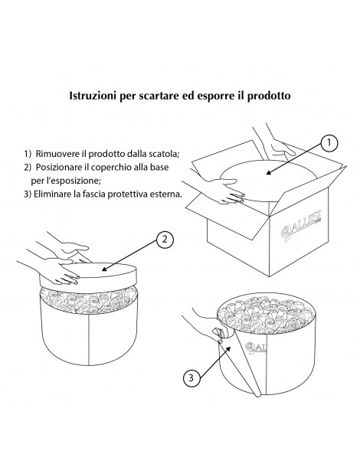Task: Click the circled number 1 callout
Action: (329, 143)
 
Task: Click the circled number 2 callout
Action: (165, 239)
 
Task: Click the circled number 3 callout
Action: (191, 378)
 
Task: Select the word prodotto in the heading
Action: (269, 96)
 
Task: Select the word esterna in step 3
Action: (167, 194)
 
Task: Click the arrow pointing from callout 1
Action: (294, 159)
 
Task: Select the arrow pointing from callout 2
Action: (129, 256)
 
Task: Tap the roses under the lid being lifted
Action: (89, 300)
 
